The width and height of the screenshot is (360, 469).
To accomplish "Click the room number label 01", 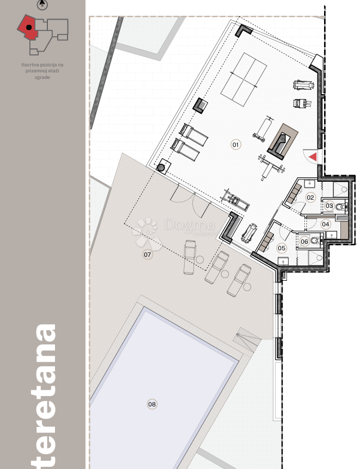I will coord(236,145).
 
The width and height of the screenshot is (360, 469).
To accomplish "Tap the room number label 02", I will coord(310,198).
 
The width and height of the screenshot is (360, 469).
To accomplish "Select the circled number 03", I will coord(330,206).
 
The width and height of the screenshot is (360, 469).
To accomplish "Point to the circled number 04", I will coord(326,224).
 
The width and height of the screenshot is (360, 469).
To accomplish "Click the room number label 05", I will coord(282,248).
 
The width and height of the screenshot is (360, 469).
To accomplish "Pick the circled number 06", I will coord(304,242).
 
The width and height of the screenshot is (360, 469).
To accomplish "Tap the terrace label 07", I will coord(148,254).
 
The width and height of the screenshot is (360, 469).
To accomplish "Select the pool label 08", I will coord(152,404).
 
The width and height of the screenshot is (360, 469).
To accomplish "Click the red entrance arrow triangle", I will coord(313,157).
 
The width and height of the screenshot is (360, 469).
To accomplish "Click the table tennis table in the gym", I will coord(243,79).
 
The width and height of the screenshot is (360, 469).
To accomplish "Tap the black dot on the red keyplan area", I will coord(29,27).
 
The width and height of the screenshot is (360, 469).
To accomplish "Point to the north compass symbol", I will coord(42,5).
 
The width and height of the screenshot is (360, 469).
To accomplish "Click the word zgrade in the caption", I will coord(42,77).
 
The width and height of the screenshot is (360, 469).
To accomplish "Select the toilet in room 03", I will coord(339,206).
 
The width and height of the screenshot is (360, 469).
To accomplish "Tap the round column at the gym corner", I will coord(161,167).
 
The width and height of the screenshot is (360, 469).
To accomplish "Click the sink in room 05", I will coord(283,261).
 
